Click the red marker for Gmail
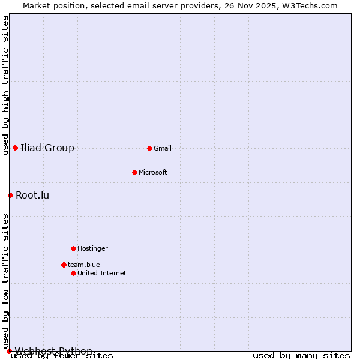pyautogui.click(x=149, y=148)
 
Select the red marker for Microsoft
pyautogui.click(x=134, y=172)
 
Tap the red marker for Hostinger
pyautogui.click(x=73, y=248)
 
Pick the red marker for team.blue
pyautogui.click(x=64, y=265)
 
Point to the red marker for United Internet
pyautogui.click(x=73, y=273)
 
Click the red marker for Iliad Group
pyautogui.click(x=15, y=148)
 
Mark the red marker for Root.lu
pyautogui.click(x=10, y=195)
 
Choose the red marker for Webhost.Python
pyautogui.click(x=9, y=351)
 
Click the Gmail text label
pyautogui.click(x=163, y=148)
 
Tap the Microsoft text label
pyautogui.click(x=152, y=172)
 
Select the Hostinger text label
pyautogui.click(x=92, y=248)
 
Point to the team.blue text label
pyautogui.click(x=83, y=265)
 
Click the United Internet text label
pyautogui.click(x=101, y=273)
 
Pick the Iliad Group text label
pyautogui.click(x=47, y=148)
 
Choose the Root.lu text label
pyautogui.click(x=32, y=195)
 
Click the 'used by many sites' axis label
pyautogui.click(x=301, y=356)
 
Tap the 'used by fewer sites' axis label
pyautogui.click(x=62, y=356)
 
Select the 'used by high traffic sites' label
pyautogui.click(x=5, y=85)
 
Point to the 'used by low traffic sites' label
pyautogui.click(x=5, y=281)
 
